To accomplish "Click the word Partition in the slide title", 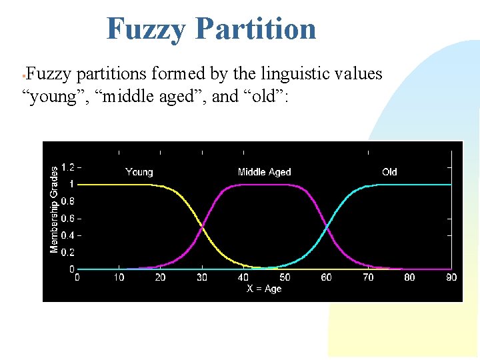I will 256,29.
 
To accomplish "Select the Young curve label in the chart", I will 139,172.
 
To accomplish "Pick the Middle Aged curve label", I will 264,172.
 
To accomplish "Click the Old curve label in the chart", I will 389,172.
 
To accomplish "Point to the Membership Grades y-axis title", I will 54,209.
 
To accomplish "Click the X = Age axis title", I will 264,289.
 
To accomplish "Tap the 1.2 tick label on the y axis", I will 67,167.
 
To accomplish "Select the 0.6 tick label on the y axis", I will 67,219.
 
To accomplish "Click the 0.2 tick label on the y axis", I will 67,253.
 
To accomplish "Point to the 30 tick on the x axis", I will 202,277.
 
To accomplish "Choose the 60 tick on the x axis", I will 327,277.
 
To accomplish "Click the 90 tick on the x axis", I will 451,277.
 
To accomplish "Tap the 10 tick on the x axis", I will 119,277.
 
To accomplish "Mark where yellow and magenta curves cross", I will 202,227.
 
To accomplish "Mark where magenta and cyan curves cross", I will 327,227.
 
